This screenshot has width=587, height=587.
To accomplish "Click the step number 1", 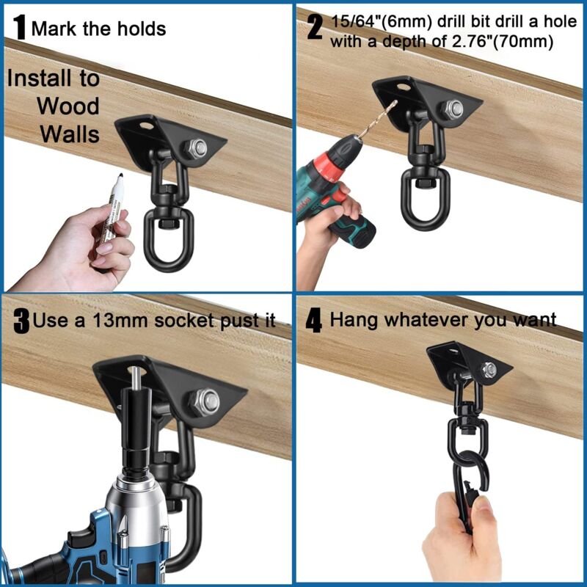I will point(20,29).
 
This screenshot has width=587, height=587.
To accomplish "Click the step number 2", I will point(315,29).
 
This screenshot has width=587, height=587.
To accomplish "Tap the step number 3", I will point(21,321).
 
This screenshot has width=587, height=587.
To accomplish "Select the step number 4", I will point(314,321).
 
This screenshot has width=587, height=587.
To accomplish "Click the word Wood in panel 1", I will point(68,106).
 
